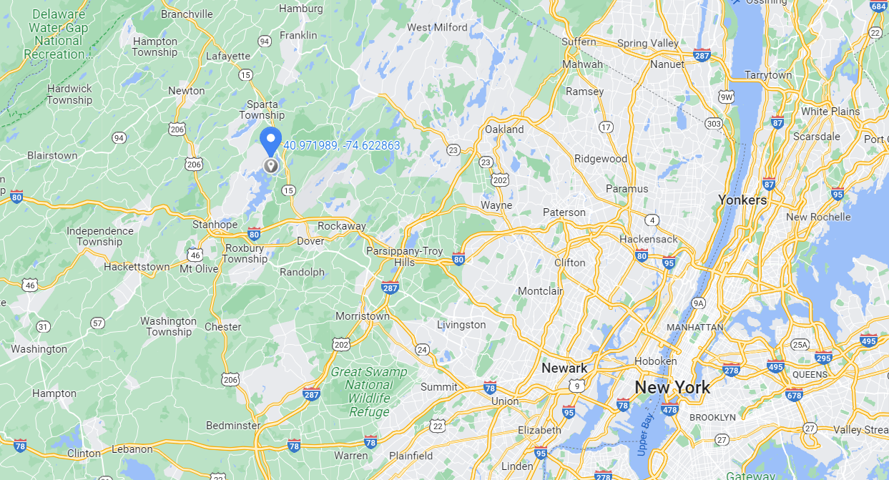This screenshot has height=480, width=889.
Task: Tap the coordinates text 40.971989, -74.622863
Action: pos(342,145)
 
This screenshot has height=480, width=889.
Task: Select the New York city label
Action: pos(672,388)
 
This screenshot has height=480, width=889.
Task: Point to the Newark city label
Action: pos(564,368)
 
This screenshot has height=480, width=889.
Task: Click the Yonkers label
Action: pos(742,200)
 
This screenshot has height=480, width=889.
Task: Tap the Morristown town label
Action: pos(363,315)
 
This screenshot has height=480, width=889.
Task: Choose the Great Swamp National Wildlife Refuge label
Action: pos(369,392)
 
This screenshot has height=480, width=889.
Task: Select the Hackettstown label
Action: pos(137,267)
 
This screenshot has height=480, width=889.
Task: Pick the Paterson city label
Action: pos(564,212)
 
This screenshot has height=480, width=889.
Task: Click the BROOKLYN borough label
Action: pos(712,417)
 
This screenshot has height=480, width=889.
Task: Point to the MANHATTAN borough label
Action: pos(694,327)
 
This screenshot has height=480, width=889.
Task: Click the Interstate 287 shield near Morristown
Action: pos(390,288)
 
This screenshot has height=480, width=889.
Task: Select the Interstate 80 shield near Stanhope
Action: pos(254,234)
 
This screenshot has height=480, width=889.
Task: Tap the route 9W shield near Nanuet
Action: pos(727,97)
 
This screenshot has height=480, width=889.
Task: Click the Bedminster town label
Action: pos(233,426)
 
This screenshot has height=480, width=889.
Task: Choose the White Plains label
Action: pos(830,112)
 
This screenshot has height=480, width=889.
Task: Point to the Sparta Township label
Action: pos(262,109)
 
